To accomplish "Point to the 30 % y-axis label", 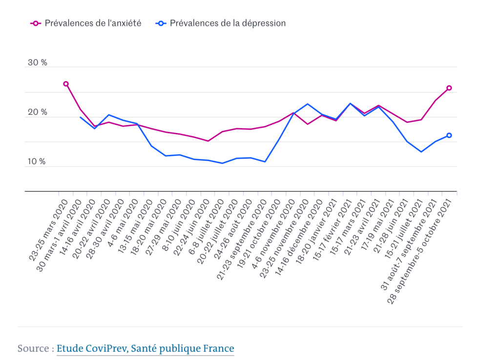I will [38, 63].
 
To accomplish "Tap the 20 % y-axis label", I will [38, 112].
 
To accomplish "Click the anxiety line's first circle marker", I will [66, 84].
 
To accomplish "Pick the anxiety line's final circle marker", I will [449, 88].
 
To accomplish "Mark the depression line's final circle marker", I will [449, 135].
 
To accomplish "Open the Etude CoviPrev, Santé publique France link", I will [145, 348].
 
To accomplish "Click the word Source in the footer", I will [33, 348].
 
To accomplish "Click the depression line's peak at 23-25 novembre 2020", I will [307, 104].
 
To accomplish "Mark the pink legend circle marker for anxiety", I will [35, 23].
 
